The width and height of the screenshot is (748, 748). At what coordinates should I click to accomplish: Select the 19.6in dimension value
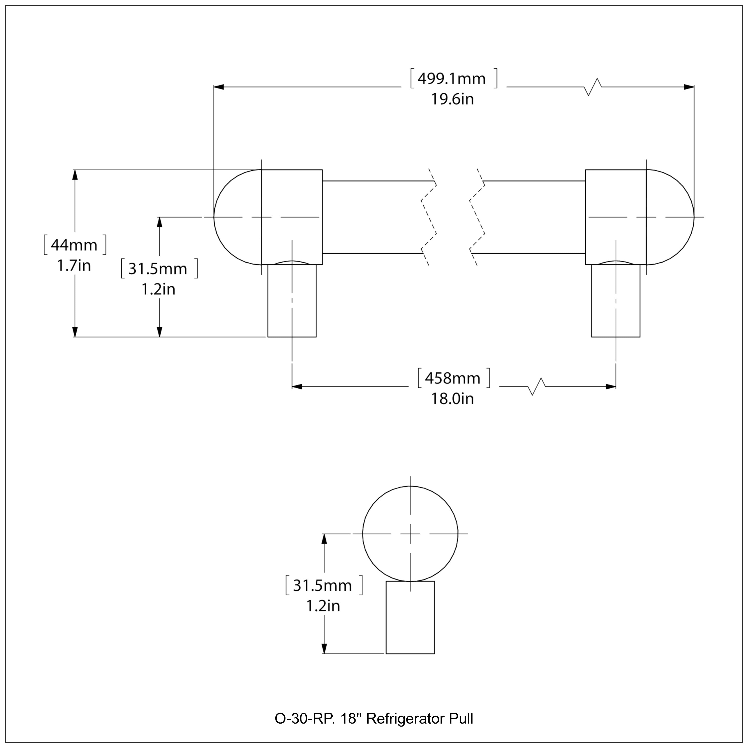[x=453, y=99]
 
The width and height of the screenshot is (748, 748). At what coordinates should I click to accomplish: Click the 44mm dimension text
[x=74, y=245]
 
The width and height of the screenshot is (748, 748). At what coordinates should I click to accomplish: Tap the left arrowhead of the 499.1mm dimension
[x=219, y=87]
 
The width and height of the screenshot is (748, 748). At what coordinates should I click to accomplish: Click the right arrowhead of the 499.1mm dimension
[x=689, y=87]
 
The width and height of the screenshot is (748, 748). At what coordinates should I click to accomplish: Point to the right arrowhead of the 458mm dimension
[x=611, y=386]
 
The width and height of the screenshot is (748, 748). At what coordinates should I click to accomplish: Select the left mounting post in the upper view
[x=292, y=301]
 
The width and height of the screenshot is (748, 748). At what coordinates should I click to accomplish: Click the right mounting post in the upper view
[x=616, y=301]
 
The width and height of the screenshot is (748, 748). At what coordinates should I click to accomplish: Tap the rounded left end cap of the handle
[x=237, y=217]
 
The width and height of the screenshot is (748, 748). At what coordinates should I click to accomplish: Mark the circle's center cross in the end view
[x=410, y=534]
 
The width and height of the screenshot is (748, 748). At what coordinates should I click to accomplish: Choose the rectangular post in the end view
[x=410, y=618]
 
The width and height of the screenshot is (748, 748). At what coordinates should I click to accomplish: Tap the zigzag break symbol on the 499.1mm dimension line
[x=592, y=87]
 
